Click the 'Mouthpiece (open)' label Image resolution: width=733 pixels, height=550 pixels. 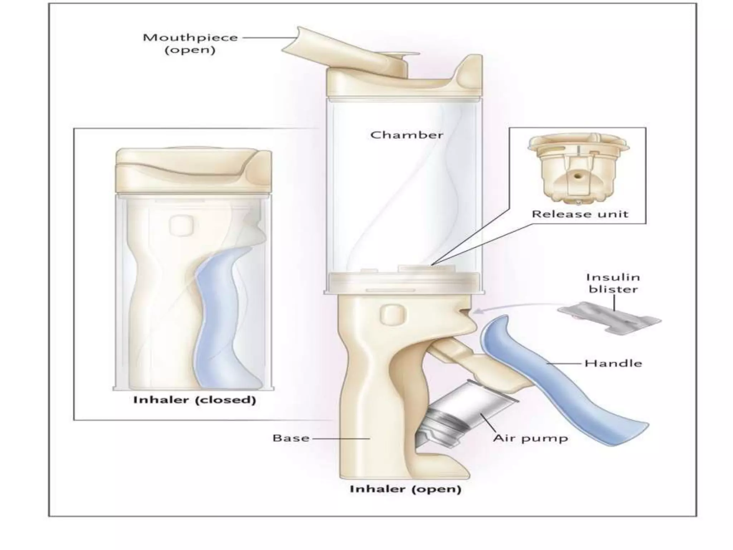190,43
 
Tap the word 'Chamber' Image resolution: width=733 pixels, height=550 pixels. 407,135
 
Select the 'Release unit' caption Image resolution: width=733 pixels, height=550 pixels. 580,214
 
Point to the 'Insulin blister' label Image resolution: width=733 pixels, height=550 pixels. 613,283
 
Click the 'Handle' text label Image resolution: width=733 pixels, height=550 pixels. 613,363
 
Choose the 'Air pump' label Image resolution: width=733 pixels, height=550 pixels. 530,439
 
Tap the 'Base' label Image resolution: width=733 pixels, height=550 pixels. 291,438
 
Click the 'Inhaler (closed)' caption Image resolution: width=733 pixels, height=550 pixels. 195,400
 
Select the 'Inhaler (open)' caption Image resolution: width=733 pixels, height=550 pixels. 405,489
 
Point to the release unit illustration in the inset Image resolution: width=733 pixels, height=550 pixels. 578,168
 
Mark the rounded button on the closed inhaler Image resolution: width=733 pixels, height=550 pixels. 181,226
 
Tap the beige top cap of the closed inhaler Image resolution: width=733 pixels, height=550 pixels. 193,170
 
